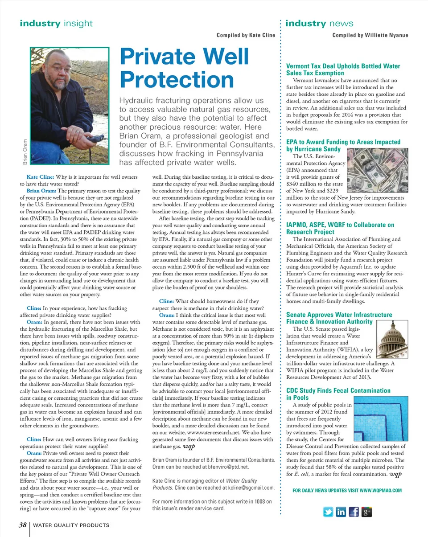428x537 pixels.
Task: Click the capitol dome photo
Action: click(x=391, y=340)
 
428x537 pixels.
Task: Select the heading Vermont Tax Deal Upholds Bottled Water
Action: click(x=343, y=66)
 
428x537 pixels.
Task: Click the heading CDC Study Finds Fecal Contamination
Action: click(x=338, y=391)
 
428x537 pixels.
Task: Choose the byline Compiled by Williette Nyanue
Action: click(x=370, y=35)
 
